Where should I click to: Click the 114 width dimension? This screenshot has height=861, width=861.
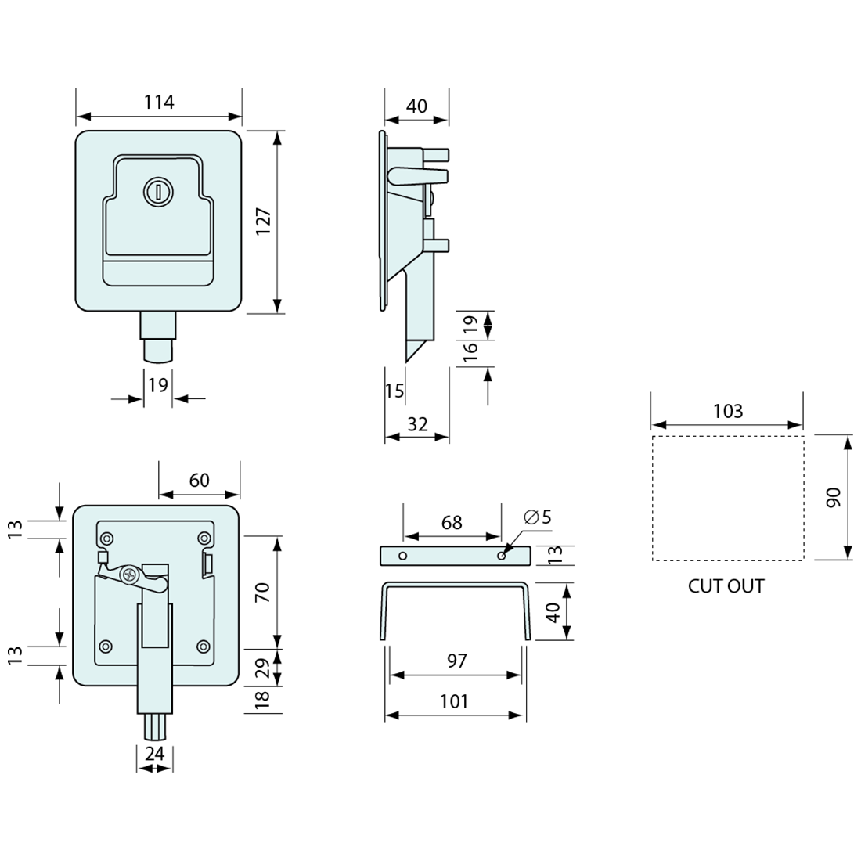tap(159, 102)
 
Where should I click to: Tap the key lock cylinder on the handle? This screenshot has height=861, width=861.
tap(156, 190)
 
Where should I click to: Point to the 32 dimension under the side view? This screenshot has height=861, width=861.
tap(418, 423)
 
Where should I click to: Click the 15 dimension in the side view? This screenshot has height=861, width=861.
tap(394, 390)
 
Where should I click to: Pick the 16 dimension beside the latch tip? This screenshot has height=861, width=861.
tap(470, 352)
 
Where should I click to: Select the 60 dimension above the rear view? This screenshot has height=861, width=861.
tap(200, 480)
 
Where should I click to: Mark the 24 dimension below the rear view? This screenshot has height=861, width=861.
tap(155, 753)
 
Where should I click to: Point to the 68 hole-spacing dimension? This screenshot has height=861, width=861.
tap(452, 522)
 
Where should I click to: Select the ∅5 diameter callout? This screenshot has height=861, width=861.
tap(539, 517)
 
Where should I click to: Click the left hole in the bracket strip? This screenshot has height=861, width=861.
tap(402, 555)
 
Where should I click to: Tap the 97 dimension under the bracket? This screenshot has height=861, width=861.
tap(456, 661)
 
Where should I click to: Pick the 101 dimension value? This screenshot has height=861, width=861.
tap(454, 701)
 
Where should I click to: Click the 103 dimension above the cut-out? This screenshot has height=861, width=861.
tap(728, 412)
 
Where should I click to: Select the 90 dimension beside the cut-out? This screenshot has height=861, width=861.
tap(833, 497)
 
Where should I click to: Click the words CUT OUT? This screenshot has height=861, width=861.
tap(726, 585)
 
